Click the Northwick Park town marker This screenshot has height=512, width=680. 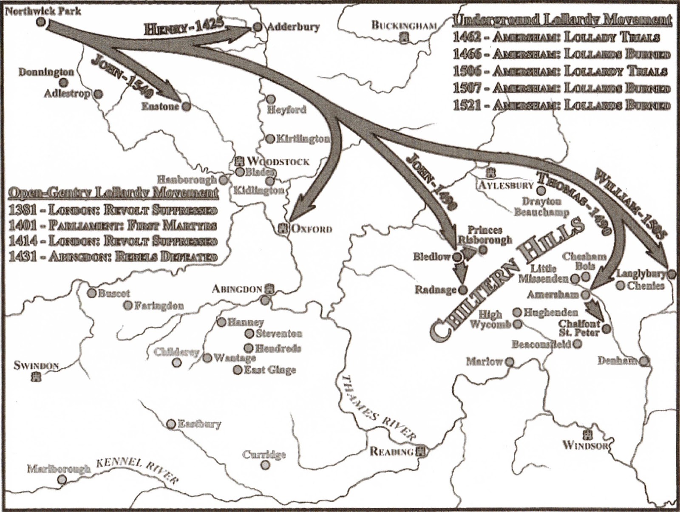pyautogui.click(x=40, y=22)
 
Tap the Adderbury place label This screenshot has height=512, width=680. pyautogui.click(x=293, y=27)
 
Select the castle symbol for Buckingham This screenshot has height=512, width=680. pyautogui.click(x=405, y=38)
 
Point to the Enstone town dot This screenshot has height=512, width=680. pyautogui.click(x=186, y=106)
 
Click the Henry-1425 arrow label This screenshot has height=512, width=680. pyautogui.click(x=184, y=28)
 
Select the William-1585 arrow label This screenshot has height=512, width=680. pyautogui.click(x=631, y=202)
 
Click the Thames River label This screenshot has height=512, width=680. pyautogui.click(x=378, y=408)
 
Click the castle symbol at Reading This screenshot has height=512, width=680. pyautogui.click(x=421, y=452)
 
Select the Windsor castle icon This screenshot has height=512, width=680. pyautogui.click(x=588, y=435)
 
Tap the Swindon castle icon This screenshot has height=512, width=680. pyautogui.click(x=37, y=376)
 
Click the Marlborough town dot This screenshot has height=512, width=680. pyautogui.click(x=62, y=480)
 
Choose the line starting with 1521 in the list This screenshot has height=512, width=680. pyautogui.click(x=561, y=105)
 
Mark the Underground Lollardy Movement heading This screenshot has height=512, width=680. pyautogui.click(x=562, y=20)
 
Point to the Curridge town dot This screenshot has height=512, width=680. pyautogui.click(x=266, y=465)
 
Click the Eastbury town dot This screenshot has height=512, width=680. pyautogui.click(x=171, y=424)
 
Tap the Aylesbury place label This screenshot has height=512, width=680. pyautogui.click(x=506, y=185)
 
